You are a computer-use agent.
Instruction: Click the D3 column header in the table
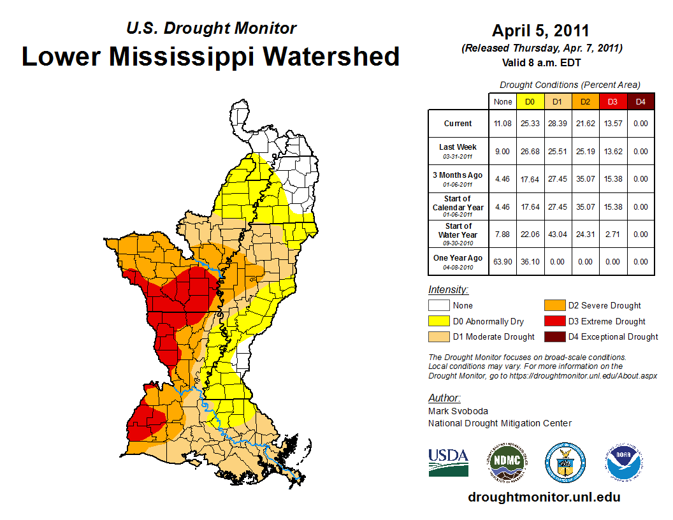tap(612, 101)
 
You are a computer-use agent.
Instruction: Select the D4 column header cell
tap(640, 101)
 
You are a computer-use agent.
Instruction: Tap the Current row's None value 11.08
tap(502, 124)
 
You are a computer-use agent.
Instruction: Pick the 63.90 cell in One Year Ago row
tap(502, 262)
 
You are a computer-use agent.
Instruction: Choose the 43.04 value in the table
tap(558, 235)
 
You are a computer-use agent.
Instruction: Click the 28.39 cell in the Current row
tap(558, 124)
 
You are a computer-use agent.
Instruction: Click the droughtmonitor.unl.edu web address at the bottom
tap(544, 497)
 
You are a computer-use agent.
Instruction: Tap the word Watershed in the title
tap(331, 57)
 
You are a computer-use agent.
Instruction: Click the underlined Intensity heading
tap(448, 290)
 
